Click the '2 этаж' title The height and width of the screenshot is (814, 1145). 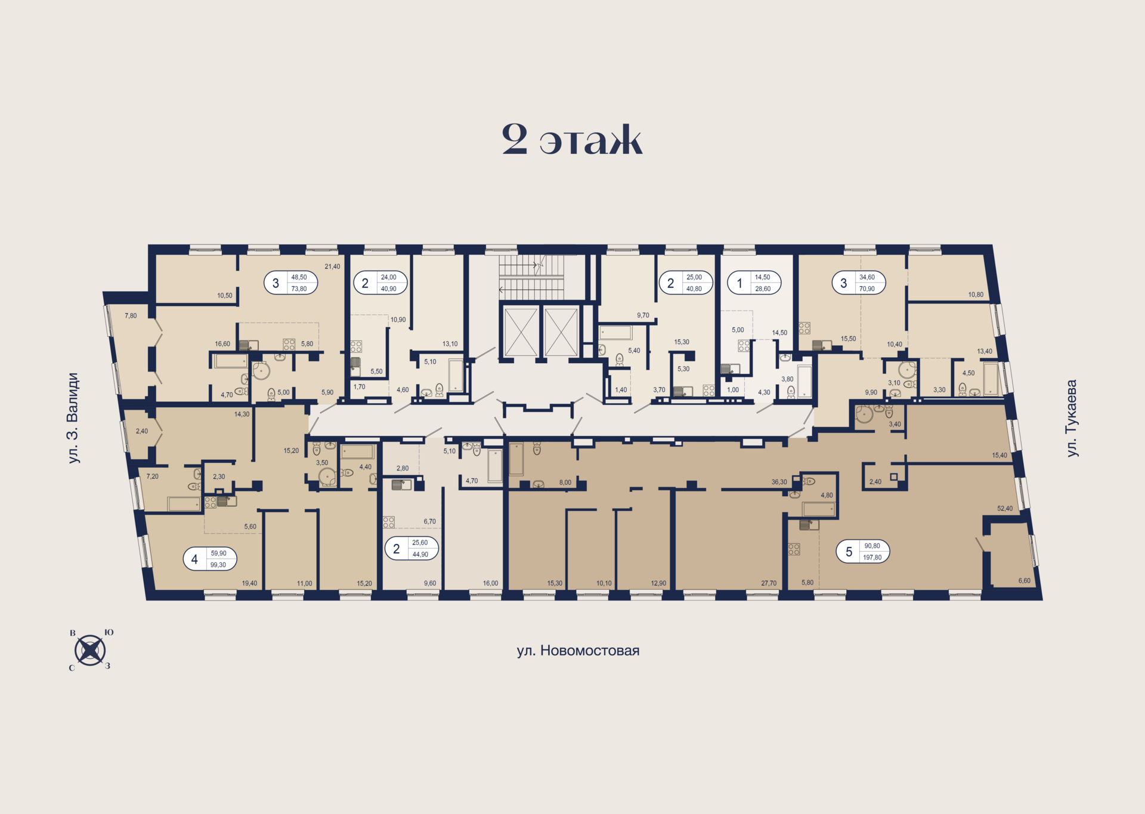572,141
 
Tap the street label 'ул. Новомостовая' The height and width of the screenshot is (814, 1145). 577,651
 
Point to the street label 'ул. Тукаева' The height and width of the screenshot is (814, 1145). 1072,418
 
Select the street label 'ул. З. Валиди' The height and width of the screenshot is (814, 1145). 73,418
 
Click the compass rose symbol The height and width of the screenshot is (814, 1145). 90,650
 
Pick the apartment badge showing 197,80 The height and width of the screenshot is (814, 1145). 862,552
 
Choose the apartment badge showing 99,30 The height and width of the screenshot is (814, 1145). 210,559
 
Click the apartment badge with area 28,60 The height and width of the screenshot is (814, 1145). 754,283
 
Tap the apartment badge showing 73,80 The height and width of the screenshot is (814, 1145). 290,283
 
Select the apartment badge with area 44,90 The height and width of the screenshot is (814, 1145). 411,548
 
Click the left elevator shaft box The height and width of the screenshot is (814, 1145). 521,332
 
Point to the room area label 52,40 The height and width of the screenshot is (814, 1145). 1005,509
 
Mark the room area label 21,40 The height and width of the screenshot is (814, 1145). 332,267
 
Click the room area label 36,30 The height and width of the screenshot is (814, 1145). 779,482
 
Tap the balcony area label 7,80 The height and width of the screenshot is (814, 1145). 131,316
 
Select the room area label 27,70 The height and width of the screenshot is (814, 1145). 769,583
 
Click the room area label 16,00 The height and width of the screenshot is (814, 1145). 490,583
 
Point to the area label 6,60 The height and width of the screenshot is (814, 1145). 1024,581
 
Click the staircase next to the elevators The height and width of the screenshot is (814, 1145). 531,277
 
